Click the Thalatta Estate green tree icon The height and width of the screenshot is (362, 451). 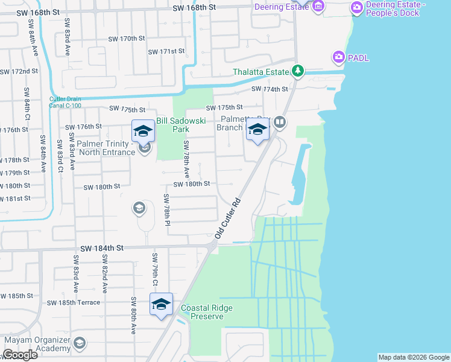[297, 71]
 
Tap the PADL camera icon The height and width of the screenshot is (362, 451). [338, 57]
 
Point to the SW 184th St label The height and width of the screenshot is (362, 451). [101, 248]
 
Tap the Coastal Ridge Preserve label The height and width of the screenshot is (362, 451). [207, 312]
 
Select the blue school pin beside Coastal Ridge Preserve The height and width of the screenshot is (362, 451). [161, 305]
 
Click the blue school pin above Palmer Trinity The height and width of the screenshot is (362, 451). [143, 131]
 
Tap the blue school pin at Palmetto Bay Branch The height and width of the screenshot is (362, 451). [257, 130]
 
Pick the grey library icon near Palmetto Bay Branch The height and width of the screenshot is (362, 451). [279, 122]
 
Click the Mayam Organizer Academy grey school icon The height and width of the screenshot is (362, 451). [79, 344]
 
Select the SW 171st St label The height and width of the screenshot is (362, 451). [166, 51]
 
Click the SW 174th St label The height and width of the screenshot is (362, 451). [270, 89]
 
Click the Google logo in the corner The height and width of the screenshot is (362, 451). [19, 355]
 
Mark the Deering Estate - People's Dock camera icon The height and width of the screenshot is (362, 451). [356, 8]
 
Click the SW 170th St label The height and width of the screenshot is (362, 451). [127, 38]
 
